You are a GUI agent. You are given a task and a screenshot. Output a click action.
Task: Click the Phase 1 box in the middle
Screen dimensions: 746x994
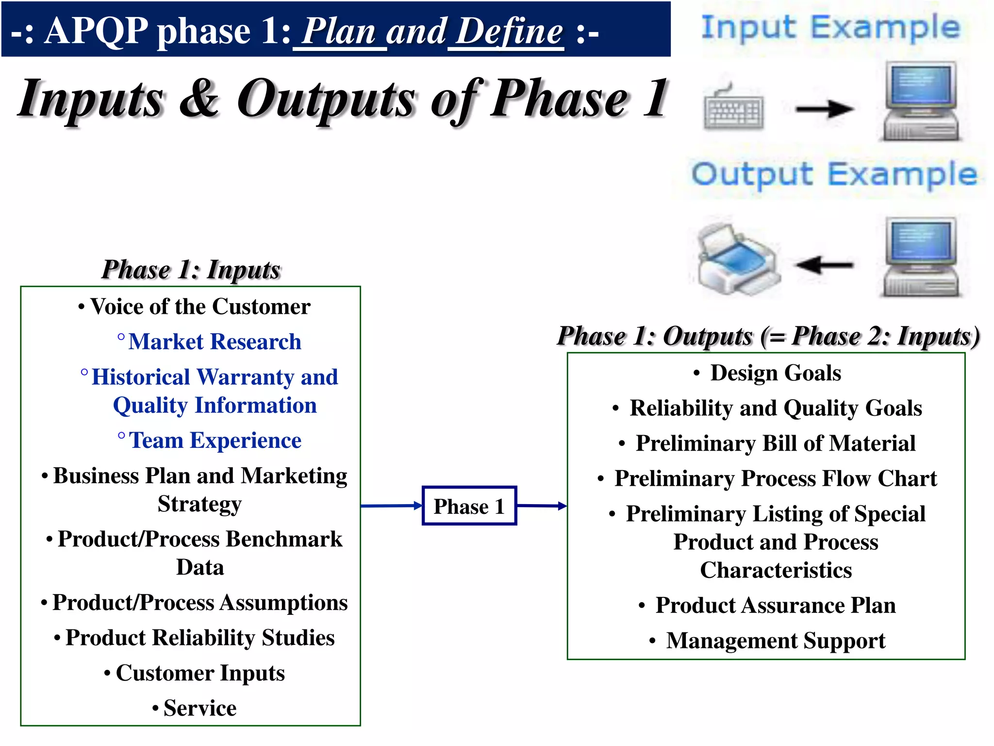pos(469,506)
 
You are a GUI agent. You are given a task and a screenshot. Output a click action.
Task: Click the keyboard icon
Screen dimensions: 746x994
pos(733,108)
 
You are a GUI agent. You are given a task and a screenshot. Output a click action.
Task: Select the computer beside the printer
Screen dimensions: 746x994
pos(920,257)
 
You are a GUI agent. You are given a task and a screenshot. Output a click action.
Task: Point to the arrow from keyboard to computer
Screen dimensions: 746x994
pos(824,109)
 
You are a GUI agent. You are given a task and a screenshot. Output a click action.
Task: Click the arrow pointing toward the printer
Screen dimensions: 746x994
pos(824,265)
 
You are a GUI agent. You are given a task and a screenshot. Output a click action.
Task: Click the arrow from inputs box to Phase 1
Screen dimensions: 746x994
pos(391,506)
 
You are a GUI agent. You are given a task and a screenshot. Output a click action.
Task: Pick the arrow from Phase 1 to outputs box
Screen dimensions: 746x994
pos(541,506)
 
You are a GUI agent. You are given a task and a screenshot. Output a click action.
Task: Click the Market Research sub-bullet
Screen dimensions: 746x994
pos(214,341)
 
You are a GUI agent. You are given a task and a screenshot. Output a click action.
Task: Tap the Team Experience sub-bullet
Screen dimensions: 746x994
pos(215,441)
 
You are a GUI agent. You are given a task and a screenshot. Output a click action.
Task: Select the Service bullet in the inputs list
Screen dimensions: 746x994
pos(199,708)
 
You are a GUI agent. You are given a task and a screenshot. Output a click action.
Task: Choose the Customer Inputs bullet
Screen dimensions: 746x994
pos(199,673)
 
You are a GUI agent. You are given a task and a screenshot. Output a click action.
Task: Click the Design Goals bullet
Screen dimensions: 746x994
pos(775,373)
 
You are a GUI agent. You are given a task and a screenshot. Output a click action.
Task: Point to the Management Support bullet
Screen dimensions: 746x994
pos(775,640)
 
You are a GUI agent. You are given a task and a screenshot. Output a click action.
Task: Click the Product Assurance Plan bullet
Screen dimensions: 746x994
pos(775,605)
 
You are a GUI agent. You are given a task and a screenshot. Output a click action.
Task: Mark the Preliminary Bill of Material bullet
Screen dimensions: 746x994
pos(775,443)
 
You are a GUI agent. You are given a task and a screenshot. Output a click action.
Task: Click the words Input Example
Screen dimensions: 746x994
pos(830,27)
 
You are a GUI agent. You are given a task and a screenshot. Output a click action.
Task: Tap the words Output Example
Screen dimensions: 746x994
pos(834,175)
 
